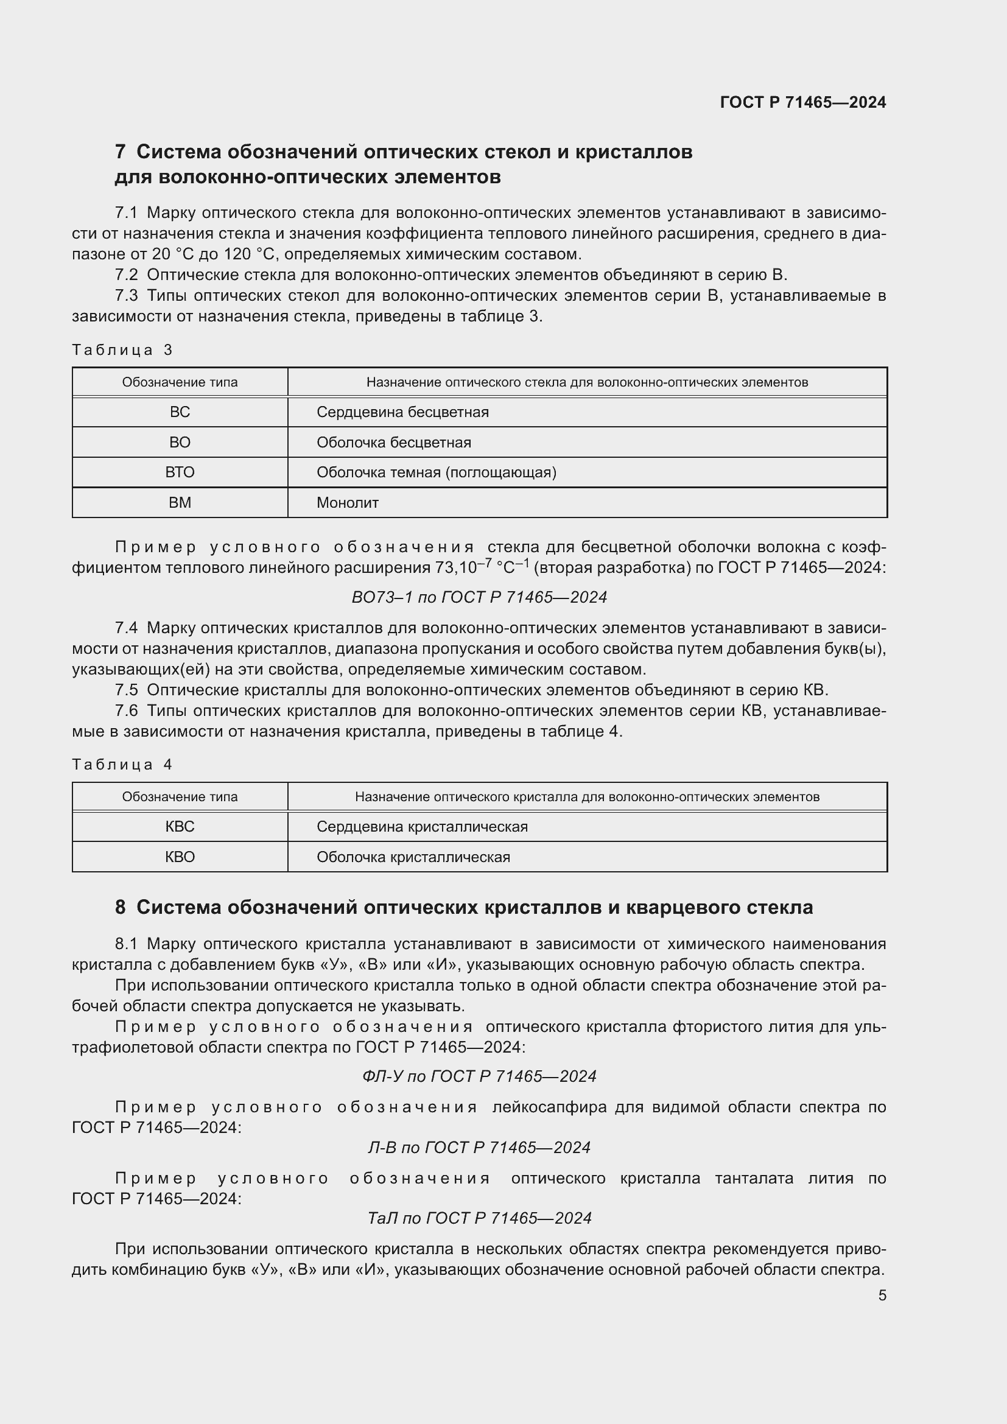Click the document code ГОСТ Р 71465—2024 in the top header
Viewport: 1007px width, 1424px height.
tap(802, 102)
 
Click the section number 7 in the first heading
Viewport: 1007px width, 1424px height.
tap(121, 152)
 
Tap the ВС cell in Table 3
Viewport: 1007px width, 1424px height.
tap(180, 412)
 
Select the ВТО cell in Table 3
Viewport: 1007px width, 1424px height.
tap(180, 472)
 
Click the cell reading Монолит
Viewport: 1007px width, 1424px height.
tap(347, 503)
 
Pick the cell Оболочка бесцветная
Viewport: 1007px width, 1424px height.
tap(393, 443)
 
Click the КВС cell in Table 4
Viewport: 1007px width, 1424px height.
tap(180, 827)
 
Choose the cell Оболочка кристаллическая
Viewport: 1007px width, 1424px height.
tap(413, 857)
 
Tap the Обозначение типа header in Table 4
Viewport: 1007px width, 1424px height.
tap(180, 797)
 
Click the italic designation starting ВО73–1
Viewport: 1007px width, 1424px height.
tap(479, 597)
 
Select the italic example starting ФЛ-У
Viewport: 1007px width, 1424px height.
tap(479, 1076)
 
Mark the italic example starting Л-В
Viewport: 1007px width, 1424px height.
tap(479, 1148)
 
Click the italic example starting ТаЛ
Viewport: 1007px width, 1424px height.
tap(479, 1218)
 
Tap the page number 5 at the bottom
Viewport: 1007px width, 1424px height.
tap(882, 1296)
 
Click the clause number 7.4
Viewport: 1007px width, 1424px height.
tap(126, 628)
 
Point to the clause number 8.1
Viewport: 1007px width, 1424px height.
tap(126, 944)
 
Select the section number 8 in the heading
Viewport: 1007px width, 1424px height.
tap(121, 907)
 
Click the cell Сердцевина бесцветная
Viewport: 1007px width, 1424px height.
tap(402, 412)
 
